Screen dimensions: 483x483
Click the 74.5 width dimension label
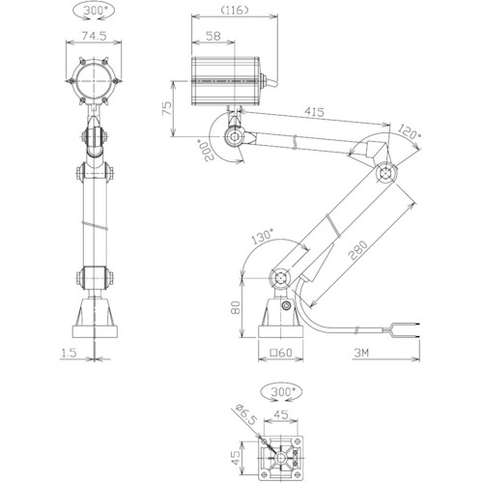[94, 36]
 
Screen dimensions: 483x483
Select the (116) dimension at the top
[235, 11]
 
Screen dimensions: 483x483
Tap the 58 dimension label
[213, 36]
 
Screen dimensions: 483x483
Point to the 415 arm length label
[314, 112]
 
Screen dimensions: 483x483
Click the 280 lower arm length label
[357, 250]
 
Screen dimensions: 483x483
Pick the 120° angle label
[410, 132]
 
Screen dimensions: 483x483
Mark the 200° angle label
[208, 151]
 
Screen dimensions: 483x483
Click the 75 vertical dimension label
[167, 109]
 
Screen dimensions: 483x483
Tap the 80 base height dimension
[236, 308]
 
